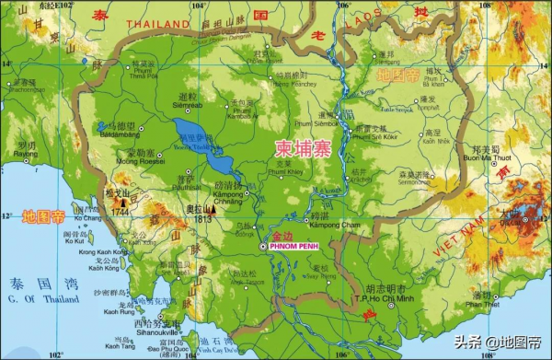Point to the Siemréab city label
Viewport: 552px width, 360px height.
click(x=188, y=105)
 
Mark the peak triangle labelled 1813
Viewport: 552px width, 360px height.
click(x=195, y=210)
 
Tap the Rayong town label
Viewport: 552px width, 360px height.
click(x=22, y=155)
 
